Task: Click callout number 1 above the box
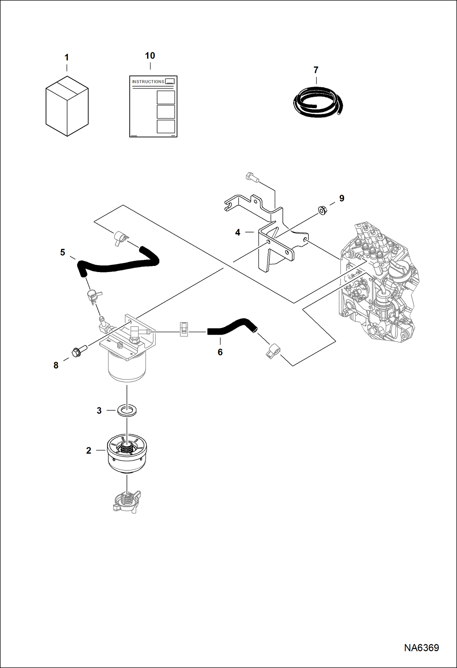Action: (x=67, y=57)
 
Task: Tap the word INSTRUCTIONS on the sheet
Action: (x=148, y=82)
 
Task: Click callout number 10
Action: (x=150, y=56)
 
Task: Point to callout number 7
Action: (x=316, y=70)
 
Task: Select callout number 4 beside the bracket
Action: (x=238, y=232)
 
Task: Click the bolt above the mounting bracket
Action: (x=252, y=178)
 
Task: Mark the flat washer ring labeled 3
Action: (x=127, y=410)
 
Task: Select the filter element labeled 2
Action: (x=127, y=454)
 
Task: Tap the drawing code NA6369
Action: (x=421, y=648)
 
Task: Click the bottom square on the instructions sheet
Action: (x=166, y=126)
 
